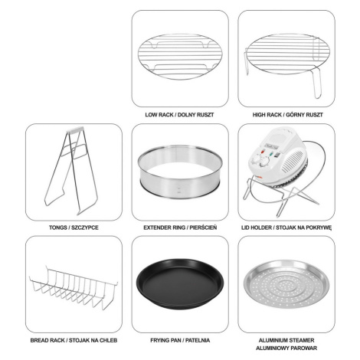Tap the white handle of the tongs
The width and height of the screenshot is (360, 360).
tap(75, 129)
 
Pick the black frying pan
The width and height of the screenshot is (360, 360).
tap(180, 283)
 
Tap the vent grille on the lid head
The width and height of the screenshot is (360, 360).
tap(296, 161)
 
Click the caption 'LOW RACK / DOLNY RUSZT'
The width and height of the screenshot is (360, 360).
tap(179, 115)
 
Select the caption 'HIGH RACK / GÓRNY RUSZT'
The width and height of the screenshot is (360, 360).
tap(288, 115)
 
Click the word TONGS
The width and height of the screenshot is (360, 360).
tap(57, 227)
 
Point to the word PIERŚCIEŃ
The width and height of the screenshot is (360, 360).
tap(203, 227)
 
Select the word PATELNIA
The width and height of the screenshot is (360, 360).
tap(198, 340)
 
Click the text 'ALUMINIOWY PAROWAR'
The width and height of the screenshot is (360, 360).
tap(286, 348)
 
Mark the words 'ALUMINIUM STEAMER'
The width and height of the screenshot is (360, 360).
tap(286, 340)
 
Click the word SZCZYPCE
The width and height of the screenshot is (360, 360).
tap(85, 227)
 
